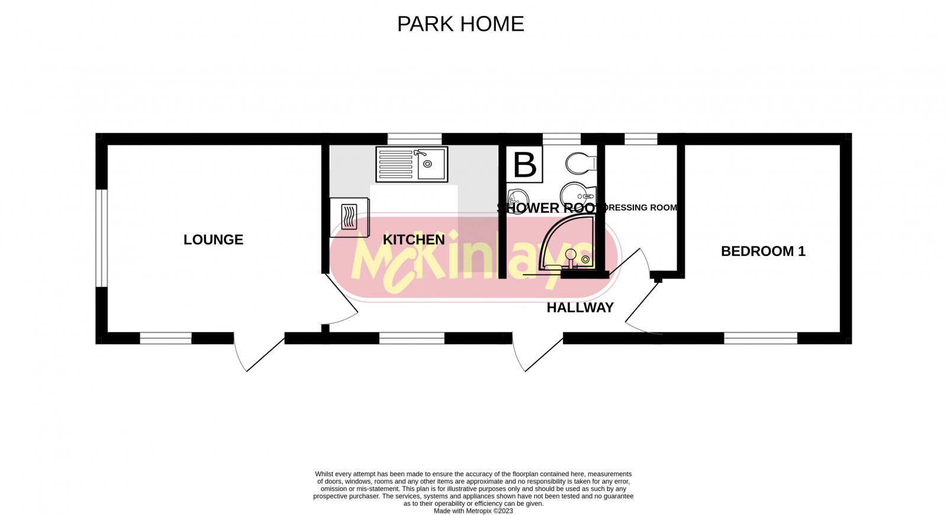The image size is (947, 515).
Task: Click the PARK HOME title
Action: pyautogui.click(x=460, y=24)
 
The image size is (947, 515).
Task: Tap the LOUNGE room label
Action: pyautogui.click(x=213, y=239)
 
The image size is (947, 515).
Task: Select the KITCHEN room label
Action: pyautogui.click(x=414, y=239)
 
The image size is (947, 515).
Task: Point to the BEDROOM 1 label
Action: pyautogui.click(x=763, y=251)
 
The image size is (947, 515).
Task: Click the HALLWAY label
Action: pyautogui.click(x=580, y=307)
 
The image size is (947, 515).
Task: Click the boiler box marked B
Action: pyautogui.click(x=524, y=164)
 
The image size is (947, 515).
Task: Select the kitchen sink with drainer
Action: pyautogui.click(x=412, y=164)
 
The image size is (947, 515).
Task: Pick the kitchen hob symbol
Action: pyautogui.click(x=349, y=217)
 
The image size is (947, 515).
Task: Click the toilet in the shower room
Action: pyautogui.click(x=580, y=163)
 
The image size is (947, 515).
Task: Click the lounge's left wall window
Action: pyautogui.click(x=101, y=238)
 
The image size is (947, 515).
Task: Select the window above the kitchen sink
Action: pyautogui.click(x=414, y=139)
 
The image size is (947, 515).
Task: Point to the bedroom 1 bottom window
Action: pyautogui.click(x=761, y=338)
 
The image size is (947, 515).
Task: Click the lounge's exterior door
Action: pyautogui.click(x=259, y=353)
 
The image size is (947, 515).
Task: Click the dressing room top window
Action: pyautogui.click(x=641, y=139)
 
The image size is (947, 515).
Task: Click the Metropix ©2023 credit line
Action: pyautogui.click(x=474, y=511)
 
